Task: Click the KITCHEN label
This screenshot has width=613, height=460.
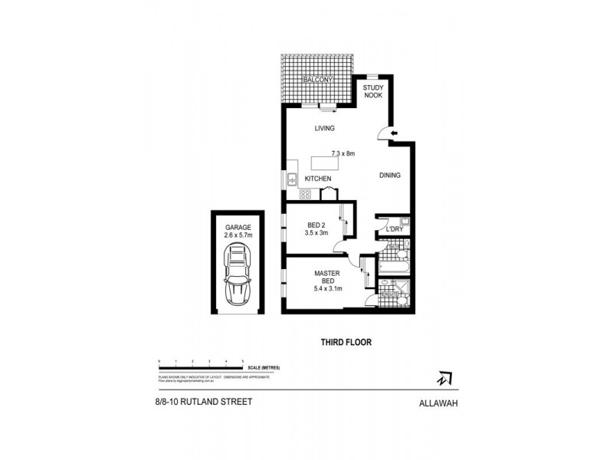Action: pos(318,179)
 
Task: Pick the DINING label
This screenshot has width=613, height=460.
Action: pos(390,176)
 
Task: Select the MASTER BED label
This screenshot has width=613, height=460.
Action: pos(326,276)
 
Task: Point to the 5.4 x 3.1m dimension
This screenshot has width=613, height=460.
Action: pos(326,288)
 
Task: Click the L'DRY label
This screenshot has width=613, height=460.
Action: pos(395,229)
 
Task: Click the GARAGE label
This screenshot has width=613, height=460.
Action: pos(239,228)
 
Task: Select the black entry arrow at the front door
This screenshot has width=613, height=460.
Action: pos(394,134)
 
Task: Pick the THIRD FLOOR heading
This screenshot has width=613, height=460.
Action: pos(346,343)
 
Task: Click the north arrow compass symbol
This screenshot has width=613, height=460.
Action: pos(444,378)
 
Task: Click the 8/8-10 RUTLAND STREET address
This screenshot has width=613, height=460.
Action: pos(198,401)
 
